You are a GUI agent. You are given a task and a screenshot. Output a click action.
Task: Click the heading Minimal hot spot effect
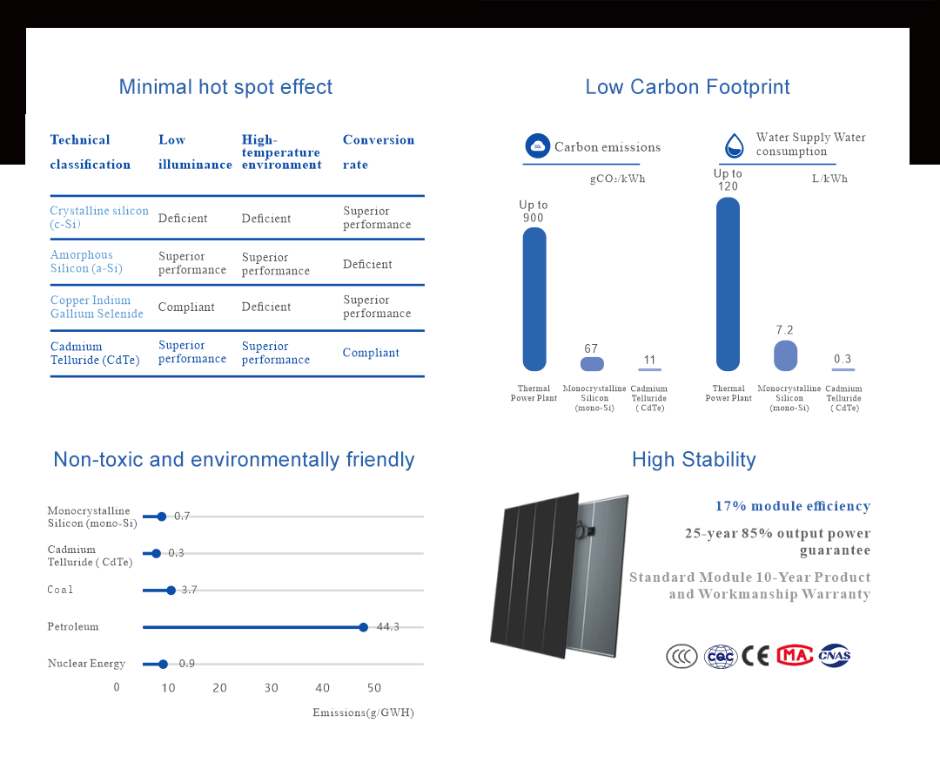(225, 87)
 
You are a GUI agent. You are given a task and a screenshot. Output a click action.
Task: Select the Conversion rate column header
(378, 152)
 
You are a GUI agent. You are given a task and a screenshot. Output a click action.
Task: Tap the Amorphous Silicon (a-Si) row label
(86, 261)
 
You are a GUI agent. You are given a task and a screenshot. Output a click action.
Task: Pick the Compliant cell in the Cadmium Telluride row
(371, 353)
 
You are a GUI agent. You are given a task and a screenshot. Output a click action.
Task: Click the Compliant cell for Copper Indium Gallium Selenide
(186, 307)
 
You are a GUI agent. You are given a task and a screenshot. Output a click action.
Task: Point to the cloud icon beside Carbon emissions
(538, 146)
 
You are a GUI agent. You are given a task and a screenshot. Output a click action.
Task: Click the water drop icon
(735, 145)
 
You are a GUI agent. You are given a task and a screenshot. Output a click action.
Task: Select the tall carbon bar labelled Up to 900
(534, 299)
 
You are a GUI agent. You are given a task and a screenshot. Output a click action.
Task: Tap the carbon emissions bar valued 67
(592, 364)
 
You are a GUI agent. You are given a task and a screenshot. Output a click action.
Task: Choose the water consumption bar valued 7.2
(785, 355)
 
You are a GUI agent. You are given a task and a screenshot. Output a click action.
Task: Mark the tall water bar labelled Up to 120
(728, 284)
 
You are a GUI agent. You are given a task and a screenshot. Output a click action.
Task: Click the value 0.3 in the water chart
(843, 359)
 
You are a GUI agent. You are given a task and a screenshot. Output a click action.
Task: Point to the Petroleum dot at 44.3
(363, 627)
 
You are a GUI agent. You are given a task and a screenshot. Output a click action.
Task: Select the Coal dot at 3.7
(171, 591)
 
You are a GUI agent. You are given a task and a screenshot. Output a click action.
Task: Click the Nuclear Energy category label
(86, 664)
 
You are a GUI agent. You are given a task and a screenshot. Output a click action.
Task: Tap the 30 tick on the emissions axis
(272, 688)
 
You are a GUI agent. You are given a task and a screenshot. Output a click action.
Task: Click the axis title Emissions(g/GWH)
(363, 712)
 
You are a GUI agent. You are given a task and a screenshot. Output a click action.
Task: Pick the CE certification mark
(755, 656)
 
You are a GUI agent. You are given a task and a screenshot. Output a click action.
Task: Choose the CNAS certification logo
(834, 656)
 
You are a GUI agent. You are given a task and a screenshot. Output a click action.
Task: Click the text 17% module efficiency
(792, 506)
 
